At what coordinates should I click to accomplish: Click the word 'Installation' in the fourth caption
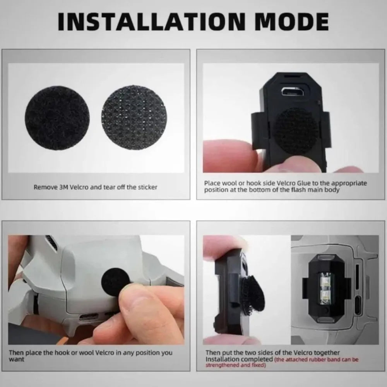click(223, 360)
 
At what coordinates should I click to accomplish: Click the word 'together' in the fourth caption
click(327, 353)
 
